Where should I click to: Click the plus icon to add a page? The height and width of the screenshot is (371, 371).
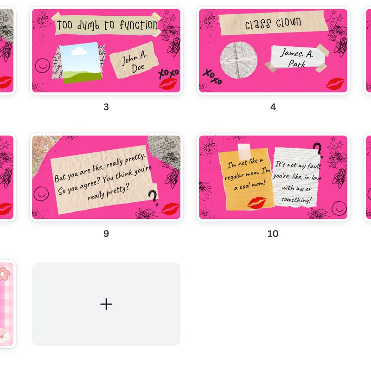(106, 304)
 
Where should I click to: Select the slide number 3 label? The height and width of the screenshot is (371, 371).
(106, 107)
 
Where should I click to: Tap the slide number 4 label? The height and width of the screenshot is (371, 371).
(273, 107)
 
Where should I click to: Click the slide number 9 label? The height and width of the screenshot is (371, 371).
(106, 234)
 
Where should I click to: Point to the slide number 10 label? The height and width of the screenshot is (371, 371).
(273, 234)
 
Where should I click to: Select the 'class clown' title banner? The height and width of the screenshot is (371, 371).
(273, 23)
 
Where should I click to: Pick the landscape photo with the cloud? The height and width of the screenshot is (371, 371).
(81, 63)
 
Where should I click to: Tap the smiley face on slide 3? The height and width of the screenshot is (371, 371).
(43, 65)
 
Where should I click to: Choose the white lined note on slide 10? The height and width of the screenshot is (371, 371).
(297, 177)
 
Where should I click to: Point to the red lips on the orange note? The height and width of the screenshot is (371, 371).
(256, 203)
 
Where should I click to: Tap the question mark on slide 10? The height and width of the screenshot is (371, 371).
(318, 150)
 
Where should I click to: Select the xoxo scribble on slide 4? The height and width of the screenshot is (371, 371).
(213, 77)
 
